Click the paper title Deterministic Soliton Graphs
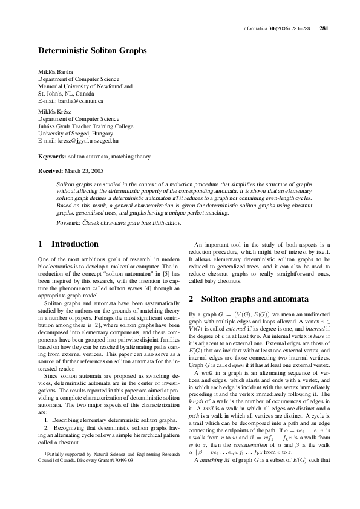93,51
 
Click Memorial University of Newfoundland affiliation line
85,86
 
